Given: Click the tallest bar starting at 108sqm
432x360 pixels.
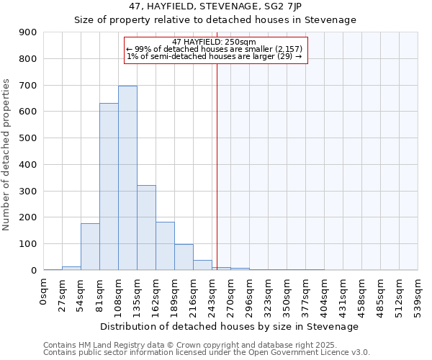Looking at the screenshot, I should point(127,178).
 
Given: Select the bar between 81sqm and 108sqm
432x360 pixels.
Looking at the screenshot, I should point(109,186).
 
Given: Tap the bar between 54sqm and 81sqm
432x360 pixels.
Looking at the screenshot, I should point(90,246).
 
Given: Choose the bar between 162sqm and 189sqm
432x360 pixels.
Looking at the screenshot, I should point(165,246).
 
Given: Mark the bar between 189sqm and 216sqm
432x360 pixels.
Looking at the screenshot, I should point(184,257).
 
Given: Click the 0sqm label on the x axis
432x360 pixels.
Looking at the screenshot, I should point(44,291).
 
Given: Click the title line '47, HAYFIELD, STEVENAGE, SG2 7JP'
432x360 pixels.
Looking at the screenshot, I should point(215,7).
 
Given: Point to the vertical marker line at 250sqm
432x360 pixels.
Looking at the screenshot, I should point(217,166).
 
